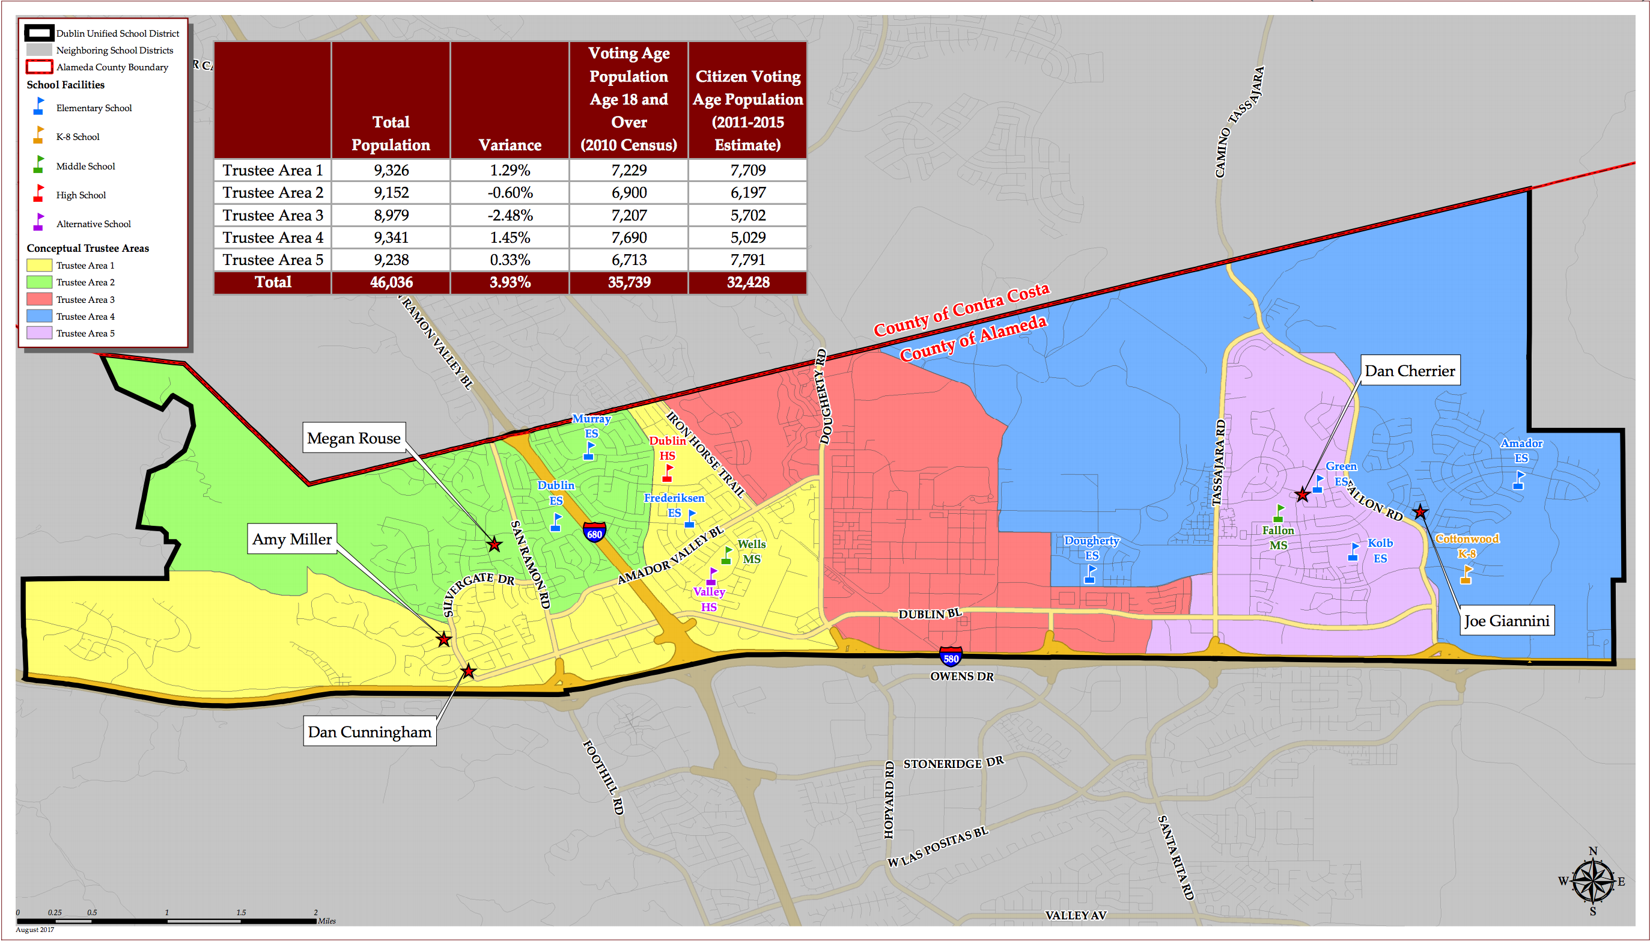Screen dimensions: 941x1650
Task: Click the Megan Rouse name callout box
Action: pos(353,438)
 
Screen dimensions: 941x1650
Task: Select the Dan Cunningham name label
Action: pos(369,732)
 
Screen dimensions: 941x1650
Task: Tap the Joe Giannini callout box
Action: pos(1506,621)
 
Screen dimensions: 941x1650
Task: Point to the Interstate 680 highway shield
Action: pos(594,532)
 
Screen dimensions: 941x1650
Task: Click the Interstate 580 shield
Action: pos(951,658)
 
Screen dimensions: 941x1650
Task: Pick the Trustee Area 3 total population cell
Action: pos(391,215)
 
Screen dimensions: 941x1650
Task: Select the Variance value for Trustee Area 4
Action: pos(510,238)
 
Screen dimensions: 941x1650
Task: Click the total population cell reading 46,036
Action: pos(391,282)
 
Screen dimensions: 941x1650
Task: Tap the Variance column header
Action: pos(510,145)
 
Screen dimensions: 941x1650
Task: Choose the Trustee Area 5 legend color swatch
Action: pos(39,333)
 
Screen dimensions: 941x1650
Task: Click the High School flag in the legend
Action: pos(39,193)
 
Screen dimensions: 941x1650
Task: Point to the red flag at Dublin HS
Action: pos(668,472)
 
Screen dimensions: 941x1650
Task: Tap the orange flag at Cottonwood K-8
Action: pos(1466,574)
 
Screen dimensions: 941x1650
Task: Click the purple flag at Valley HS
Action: pos(711,576)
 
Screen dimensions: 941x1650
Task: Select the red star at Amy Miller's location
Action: pos(443,639)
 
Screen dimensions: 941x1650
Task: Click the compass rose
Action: pos(1592,881)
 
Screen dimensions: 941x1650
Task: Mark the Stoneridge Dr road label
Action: pos(954,763)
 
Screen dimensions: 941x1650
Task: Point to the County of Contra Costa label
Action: pos(961,310)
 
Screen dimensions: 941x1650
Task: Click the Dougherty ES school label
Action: pos(1091,547)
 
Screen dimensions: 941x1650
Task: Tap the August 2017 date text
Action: pos(35,930)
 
